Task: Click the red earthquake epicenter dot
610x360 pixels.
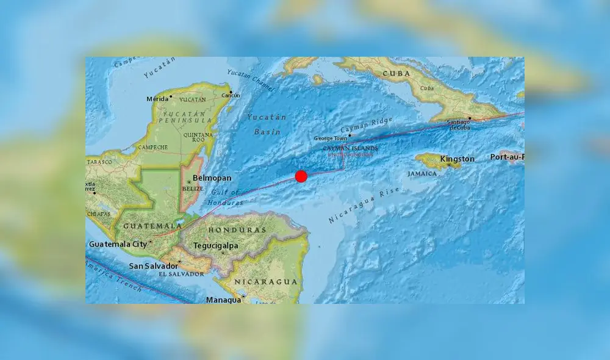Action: (301, 176)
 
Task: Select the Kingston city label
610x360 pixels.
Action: (457, 159)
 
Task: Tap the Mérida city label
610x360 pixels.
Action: (157, 99)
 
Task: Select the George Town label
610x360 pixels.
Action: (331, 139)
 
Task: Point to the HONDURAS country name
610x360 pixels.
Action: (237, 230)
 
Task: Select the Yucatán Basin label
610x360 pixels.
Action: (267, 124)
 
